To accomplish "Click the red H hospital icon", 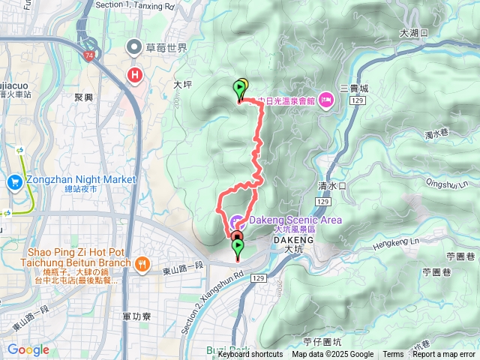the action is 135,75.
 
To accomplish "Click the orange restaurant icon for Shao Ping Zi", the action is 142,263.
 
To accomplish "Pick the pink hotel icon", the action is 325,100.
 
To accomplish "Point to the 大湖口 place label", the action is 413,33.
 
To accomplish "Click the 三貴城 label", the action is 353,88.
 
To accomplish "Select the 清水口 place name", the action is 331,185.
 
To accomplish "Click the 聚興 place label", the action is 85,97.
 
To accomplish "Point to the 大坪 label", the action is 184,85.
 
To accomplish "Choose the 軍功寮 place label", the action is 136,317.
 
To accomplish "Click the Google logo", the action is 28,349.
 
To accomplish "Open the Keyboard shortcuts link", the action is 250,355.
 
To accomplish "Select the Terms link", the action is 393,355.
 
